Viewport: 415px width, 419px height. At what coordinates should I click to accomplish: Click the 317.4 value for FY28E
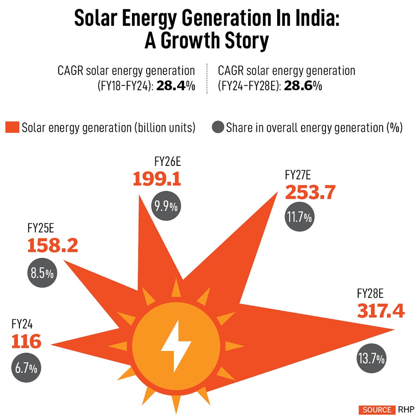pos(381,311)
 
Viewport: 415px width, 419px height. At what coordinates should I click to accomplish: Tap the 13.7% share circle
pos(371,358)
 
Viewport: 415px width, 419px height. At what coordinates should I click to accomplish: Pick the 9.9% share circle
pos(166,206)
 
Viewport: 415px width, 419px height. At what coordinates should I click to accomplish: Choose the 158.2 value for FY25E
pos(52,246)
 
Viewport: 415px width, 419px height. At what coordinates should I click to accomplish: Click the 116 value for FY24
pos(26,342)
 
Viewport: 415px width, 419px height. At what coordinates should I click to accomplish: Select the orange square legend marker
pos(12,128)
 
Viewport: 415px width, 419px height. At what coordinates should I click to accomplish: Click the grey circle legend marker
pos(218,127)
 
